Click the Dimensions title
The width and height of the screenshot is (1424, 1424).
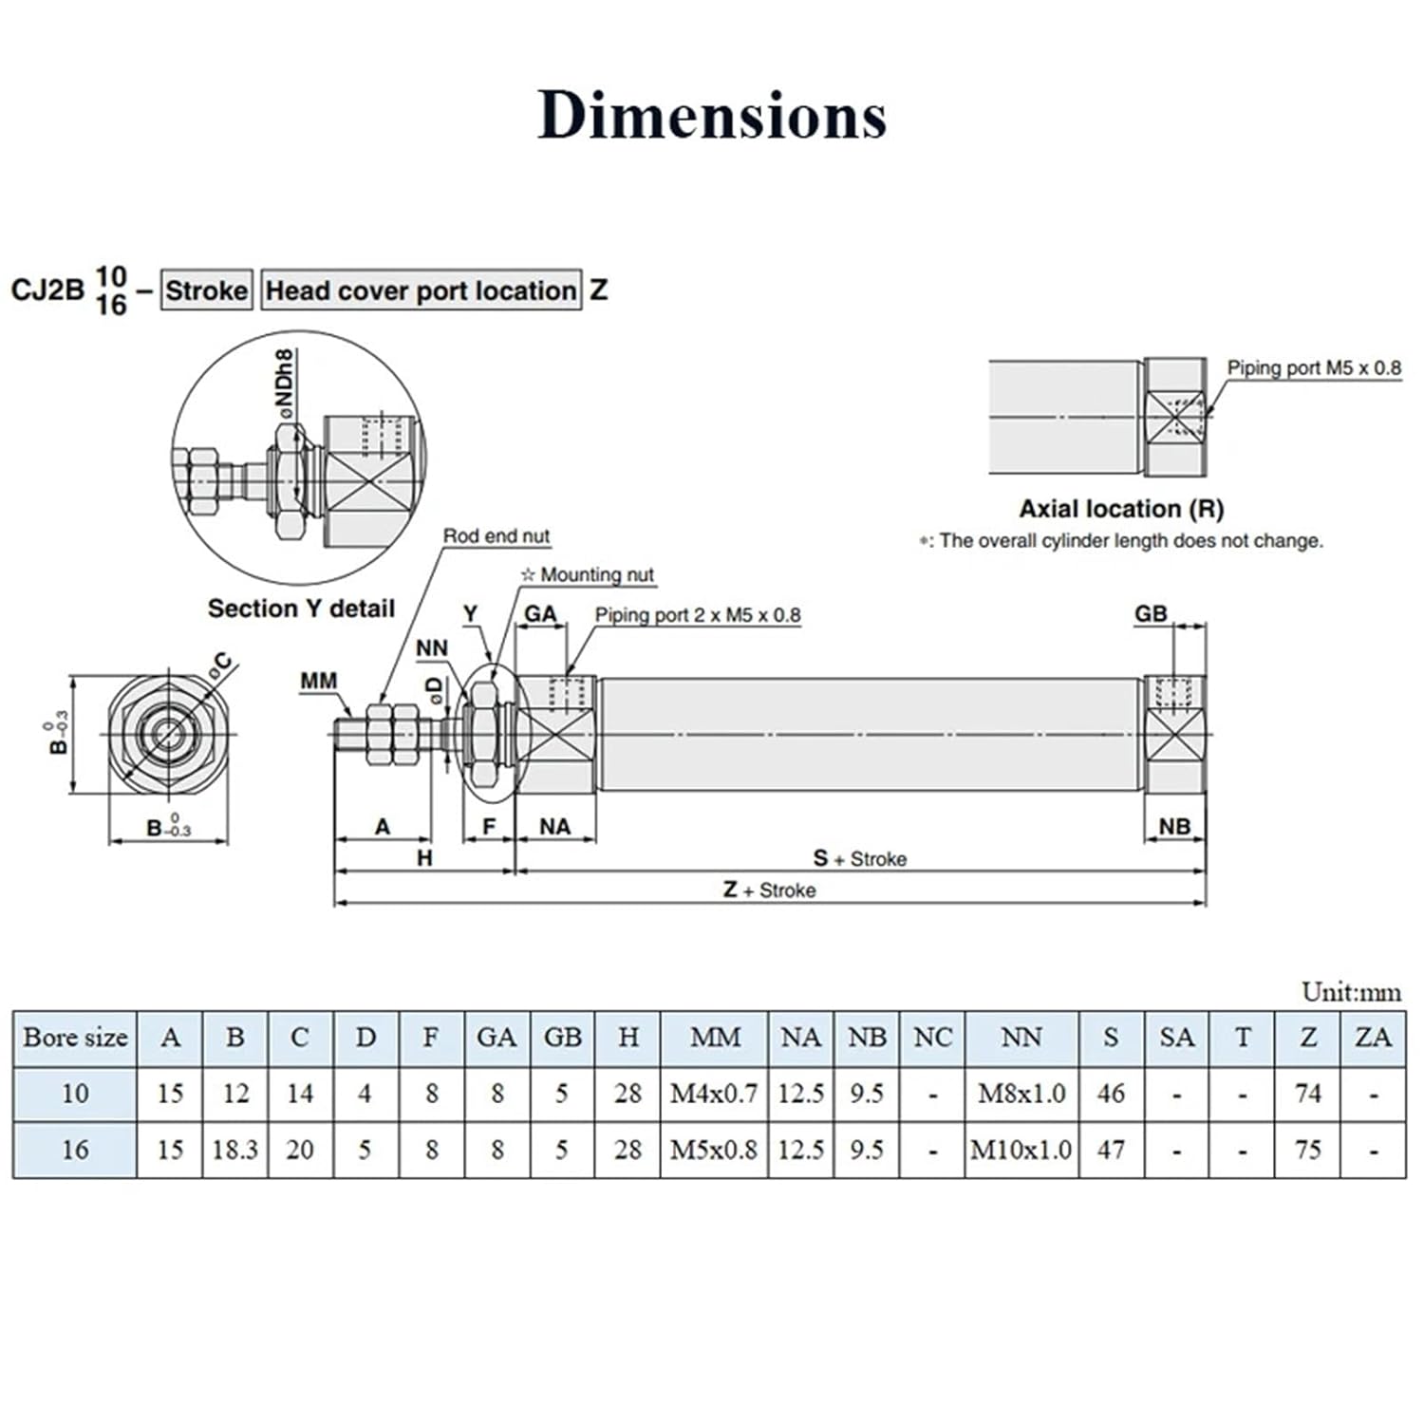point(712,115)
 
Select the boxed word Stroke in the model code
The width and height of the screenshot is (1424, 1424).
point(206,290)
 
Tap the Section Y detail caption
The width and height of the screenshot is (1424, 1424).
point(301,609)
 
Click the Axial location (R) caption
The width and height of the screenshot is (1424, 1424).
point(1121,509)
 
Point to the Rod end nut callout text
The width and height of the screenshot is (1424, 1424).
point(496,535)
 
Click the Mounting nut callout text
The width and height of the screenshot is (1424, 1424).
point(588,574)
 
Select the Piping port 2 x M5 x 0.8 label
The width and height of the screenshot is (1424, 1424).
point(697,614)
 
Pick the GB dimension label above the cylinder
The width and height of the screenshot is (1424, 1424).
point(1151,613)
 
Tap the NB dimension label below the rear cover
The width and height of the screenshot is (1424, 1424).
point(1174,826)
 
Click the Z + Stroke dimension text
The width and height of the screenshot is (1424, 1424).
point(769,890)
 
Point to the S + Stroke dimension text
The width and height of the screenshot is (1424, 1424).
point(859,858)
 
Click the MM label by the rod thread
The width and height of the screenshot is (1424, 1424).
point(318,681)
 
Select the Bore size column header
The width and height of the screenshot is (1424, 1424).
point(75,1038)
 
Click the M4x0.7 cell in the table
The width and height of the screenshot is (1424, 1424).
point(714,1094)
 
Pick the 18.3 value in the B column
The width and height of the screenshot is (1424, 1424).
point(234,1150)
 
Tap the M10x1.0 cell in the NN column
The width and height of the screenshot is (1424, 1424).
point(1021,1150)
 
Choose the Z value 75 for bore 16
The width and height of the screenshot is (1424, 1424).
point(1307,1150)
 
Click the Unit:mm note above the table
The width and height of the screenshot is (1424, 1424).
point(1350,992)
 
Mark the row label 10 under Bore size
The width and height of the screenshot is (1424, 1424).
point(75,1094)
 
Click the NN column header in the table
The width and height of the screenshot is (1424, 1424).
point(1021,1038)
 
